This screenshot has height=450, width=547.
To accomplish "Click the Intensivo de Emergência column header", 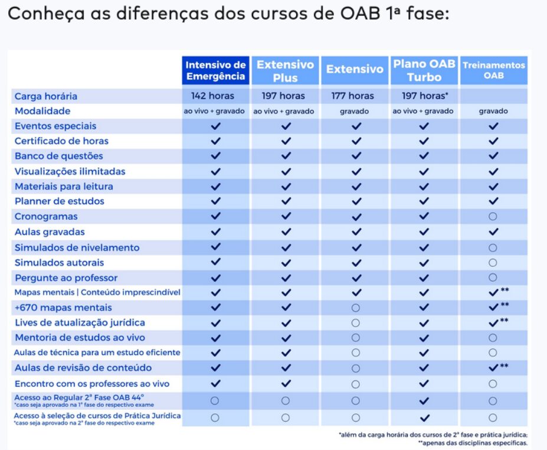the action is pyautogui.click(x=215, y=70).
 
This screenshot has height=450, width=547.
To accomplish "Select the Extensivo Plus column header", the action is pyautogui.click(x=285, y=70).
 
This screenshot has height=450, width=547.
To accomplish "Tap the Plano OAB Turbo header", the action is pyautogui.click(x=424, y=70).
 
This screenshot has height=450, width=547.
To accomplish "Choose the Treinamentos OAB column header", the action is pyautogui.click(x=494, y=70).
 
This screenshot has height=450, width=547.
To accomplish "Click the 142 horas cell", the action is pyautogui.click(x=212, y=96).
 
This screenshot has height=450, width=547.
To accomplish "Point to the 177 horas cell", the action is pyautogui.click(x=352, y=96).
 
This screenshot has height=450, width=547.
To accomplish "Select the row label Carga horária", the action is pyautogui.click(x=45, y=96).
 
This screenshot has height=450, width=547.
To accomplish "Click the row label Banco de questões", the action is pyautogui.click(x=58, y=156).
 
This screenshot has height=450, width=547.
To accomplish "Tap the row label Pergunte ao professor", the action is pyautogui.click(x=66, y=278).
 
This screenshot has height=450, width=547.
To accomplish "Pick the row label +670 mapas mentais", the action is pyautogui.click(x=63, y=308).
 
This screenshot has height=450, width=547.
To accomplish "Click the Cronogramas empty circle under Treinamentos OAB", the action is pyautogui.click(x=493, y=217).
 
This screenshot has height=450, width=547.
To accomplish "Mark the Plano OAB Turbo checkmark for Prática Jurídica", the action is pyautogui.click(x=424, y=418).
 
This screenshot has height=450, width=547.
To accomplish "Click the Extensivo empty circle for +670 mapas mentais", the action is pyautogui.click(x=355, y=308).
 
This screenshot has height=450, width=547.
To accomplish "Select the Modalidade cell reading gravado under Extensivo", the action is pyautogui.click(x=355, y=112).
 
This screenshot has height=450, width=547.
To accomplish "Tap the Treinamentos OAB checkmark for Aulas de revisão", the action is pyautogui.click(x=493, y=367).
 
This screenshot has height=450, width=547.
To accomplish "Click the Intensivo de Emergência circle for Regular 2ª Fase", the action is pyautogui.click(x=215, y=400).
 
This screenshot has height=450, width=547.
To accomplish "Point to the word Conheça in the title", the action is pyautogui.click(x=46, y=14).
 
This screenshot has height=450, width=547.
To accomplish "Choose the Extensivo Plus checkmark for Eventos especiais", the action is pyautogui.click(x=286, y=126).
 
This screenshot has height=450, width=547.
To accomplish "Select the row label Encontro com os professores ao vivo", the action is pyautogui.click(x=91, y=384).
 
